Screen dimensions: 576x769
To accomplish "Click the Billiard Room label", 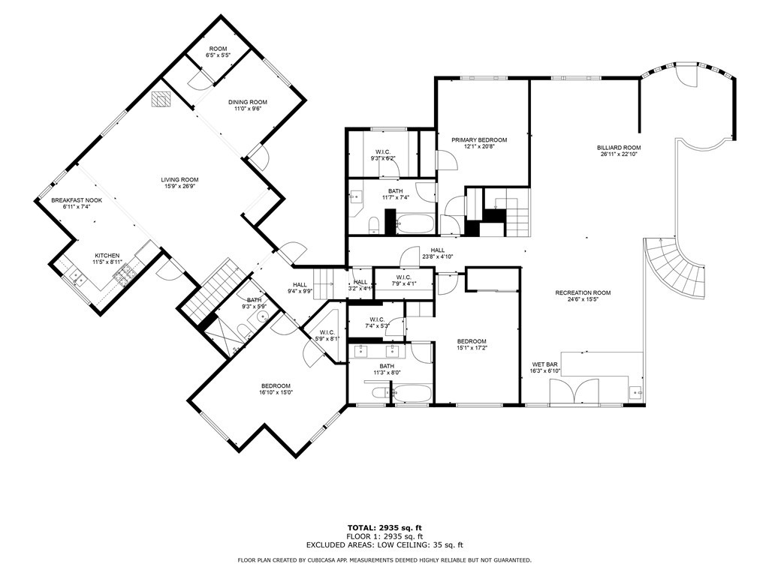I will (620, 148).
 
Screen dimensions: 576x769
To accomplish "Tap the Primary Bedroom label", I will (479, 140).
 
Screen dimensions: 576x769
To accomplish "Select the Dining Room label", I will (248, 103).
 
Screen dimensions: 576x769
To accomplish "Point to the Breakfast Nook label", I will (76, 200).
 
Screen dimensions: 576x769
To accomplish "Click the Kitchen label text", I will (107, 255).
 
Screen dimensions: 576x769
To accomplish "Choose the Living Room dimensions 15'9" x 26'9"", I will (179, 187).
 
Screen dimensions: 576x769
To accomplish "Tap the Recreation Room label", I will (583, 292).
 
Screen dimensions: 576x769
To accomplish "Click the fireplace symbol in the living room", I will (161, 99).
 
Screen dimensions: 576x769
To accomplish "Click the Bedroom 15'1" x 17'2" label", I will (472, 344).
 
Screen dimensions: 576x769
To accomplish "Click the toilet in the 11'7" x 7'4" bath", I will (373, 223).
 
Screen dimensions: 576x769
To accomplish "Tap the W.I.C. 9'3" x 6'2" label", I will (382, 155).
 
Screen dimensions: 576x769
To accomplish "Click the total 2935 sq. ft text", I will (384, 527).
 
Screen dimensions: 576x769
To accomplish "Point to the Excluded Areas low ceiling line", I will (384, 545).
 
